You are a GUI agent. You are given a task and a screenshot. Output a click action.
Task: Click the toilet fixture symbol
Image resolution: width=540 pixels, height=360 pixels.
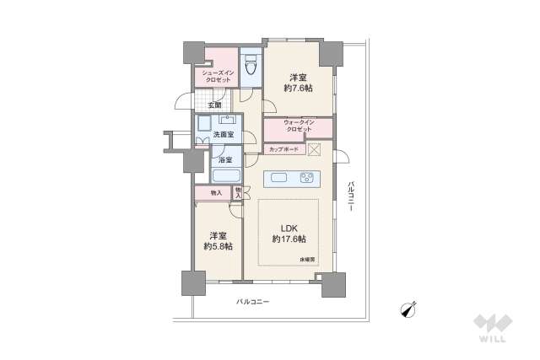coord(251,65)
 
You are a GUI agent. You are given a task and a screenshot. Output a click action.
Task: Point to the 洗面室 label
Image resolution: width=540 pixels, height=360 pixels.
coord(223,135)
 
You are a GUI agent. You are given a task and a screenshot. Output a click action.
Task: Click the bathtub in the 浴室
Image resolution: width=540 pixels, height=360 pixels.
coord(224,176)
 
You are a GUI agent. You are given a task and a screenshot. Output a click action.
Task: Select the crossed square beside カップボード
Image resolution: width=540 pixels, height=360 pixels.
coord(314,150)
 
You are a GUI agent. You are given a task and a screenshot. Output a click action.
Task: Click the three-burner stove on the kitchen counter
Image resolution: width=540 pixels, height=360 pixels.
coord(305,178)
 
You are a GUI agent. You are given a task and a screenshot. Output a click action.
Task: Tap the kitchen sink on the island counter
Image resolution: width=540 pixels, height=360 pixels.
coord(280,179)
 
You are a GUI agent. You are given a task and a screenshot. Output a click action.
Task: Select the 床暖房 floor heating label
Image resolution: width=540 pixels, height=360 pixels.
coord(305,259)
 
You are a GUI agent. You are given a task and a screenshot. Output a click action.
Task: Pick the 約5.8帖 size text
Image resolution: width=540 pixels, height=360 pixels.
coord(218,246)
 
